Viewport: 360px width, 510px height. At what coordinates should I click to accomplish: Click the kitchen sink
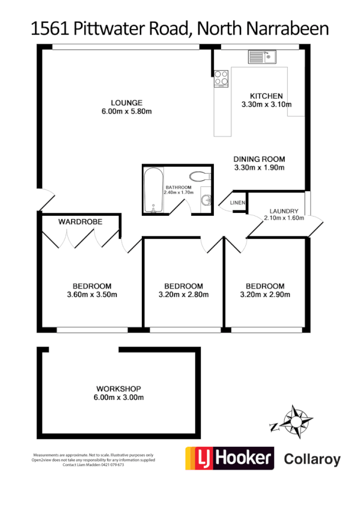click(x=261, y=58)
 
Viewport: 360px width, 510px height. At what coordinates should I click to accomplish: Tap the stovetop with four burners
click(x=221, y=78)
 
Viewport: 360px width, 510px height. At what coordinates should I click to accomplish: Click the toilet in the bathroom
click(x=198, y=176)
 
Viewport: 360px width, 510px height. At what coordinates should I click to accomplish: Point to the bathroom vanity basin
click(x=205, y=201)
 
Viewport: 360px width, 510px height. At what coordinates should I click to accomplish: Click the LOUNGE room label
click(x=126, y=102)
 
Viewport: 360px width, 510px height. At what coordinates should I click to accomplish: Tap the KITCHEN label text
click(x=266, y=96)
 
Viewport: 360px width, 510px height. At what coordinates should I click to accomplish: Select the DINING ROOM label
click(x=259, y=159)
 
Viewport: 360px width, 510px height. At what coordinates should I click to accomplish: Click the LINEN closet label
click(x=237, y=203)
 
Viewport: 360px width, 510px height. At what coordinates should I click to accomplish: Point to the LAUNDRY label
click(x=284, y=211)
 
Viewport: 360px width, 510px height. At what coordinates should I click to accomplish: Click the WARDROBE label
click(x=80, y=222)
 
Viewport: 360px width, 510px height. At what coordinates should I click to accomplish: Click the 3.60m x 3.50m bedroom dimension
click(x=92, y=295)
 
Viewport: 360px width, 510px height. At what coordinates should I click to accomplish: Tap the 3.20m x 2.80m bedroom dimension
click(x=183, y=295)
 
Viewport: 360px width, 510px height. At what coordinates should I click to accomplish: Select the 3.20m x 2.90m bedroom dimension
click(x=265, y=295)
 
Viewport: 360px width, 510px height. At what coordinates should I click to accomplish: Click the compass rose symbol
click(x=295, y=420)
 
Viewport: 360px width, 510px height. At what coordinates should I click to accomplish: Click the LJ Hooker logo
click(x=229, y=459)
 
